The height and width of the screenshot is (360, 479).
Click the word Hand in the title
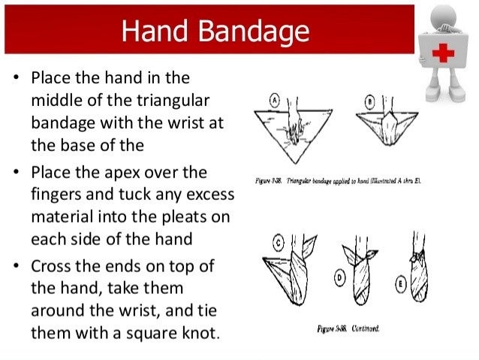[152, 30]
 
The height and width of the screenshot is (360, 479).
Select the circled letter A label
[276, 99]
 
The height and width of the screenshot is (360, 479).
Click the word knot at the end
[197, 331]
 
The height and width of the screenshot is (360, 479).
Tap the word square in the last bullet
[144, 331]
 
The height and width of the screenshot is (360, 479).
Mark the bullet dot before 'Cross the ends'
[17, 267]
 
